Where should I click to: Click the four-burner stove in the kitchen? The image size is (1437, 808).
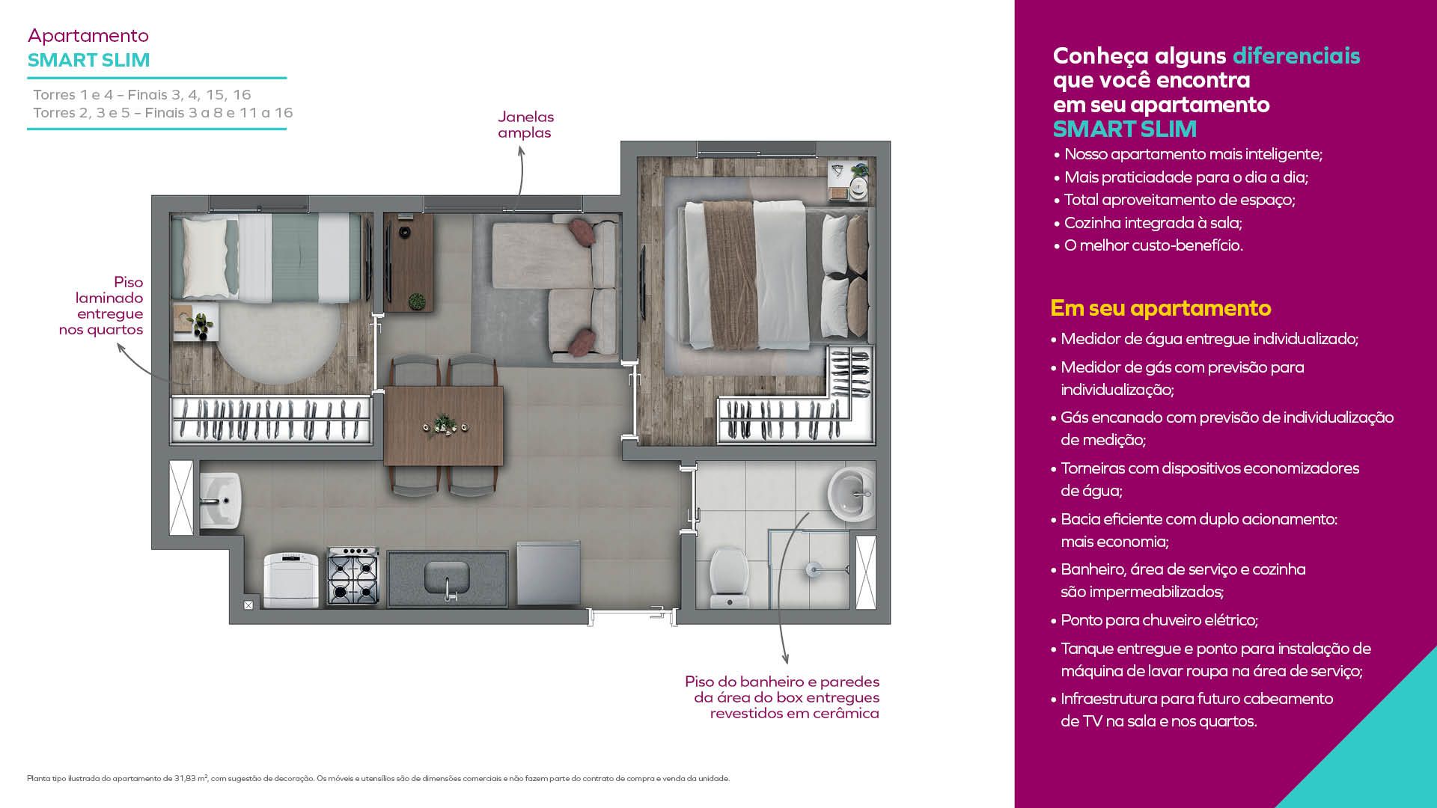[353, 577]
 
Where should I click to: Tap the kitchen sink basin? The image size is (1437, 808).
[447, 576]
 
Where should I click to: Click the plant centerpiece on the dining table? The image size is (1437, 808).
[446, 425]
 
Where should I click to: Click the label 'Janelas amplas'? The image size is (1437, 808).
[525, 125]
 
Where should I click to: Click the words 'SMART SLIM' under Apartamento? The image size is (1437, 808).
[88, 60]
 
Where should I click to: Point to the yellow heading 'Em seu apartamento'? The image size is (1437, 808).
[1161, 308]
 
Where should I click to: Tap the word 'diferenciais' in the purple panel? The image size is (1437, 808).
[1296, 55]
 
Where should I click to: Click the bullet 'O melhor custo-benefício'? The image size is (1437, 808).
[1148, 245]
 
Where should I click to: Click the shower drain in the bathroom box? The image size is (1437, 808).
[814, 570]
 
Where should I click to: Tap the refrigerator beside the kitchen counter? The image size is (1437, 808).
[549, 574]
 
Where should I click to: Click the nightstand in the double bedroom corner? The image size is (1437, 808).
[849, 181]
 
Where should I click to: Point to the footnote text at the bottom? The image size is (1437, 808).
[378, 778]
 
